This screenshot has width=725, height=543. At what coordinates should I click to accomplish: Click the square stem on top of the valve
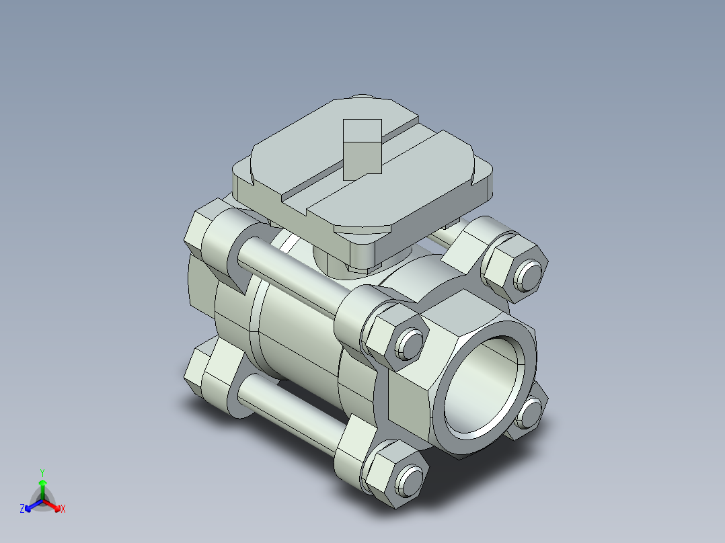[362, 149]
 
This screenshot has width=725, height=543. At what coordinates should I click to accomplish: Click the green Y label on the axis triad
[42, 472]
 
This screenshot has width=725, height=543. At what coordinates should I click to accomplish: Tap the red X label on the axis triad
[63, 509]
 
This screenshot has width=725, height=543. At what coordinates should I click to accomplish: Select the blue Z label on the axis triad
[22, 509]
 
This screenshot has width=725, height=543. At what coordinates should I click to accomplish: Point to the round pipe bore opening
[486, 386]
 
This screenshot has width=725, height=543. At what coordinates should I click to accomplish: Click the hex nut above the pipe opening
[514, 265]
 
